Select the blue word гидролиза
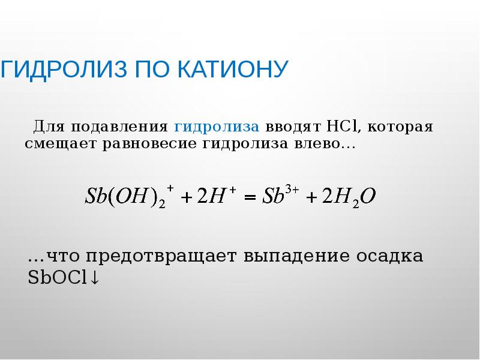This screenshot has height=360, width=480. pyautogui.click(x=217, y=127)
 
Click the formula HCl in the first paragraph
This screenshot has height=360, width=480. pyautogui.click(x=341, y=127)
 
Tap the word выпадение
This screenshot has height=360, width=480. pyautogui.click(x=298, y=257)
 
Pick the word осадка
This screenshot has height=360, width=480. pyautogui.click(x=389, y=257)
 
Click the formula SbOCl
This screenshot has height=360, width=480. pyautogui.click(x=58, y=278)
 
